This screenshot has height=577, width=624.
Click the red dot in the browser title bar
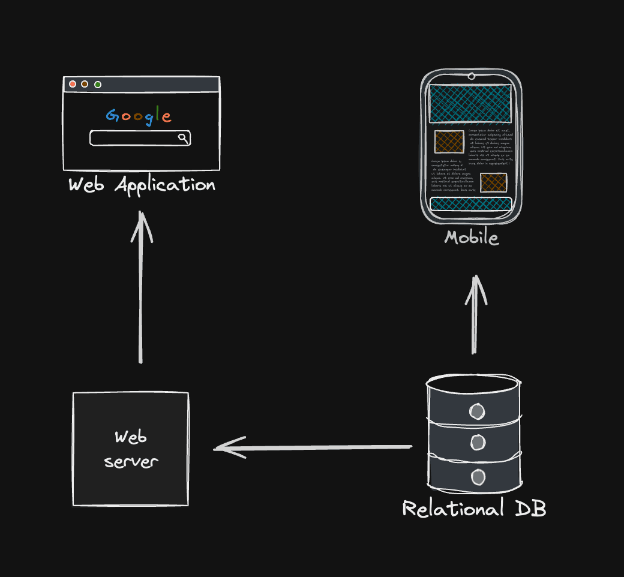pos(73,84)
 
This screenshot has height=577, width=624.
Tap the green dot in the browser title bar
pos(98,84)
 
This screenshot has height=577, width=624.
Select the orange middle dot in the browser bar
pos(85,84)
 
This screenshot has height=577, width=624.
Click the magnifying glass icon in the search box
pos(183,138)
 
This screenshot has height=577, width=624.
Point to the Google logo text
pos(139,116)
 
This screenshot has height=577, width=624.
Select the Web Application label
pos(142,185)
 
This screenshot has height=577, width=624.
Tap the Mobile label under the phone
pos(471,238)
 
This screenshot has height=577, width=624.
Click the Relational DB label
pos(474,509)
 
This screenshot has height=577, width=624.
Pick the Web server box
pos(131,449)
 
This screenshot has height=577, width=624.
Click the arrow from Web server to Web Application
pos(141,288)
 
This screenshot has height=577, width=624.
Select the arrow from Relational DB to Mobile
pos(475,315)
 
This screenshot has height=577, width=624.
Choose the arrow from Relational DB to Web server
pos(312,447)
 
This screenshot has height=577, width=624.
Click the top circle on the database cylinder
pos(477,411)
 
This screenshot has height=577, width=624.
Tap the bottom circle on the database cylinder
pos(478,477)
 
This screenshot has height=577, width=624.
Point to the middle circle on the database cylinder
pos(478,443)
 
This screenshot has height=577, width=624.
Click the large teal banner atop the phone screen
pos(470,103)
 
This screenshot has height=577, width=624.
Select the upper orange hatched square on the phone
pos(449,142)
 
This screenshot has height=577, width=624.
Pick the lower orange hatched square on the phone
pos(493,182)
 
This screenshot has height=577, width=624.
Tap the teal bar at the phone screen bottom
pos(470,204)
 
